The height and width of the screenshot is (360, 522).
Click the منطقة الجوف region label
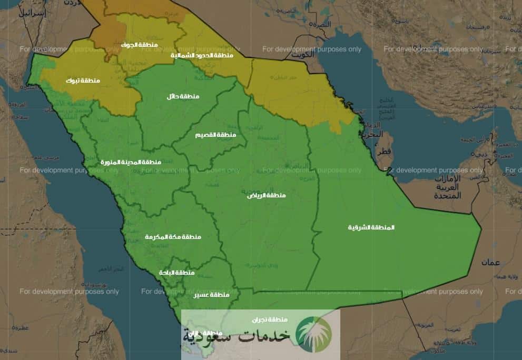139,45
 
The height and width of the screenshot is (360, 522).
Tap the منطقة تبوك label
83,81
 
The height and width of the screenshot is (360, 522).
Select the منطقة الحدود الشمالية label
202,55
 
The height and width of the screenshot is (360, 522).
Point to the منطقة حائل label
183,96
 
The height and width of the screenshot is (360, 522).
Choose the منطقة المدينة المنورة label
131,162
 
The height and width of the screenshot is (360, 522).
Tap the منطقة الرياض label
267,195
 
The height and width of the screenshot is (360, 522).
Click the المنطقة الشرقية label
371,227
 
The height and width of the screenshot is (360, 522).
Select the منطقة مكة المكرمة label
173,237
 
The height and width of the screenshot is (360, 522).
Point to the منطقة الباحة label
177,273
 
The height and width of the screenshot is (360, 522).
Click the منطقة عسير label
212,295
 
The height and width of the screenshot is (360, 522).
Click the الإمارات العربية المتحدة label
447,187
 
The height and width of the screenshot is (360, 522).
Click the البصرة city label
321,24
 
